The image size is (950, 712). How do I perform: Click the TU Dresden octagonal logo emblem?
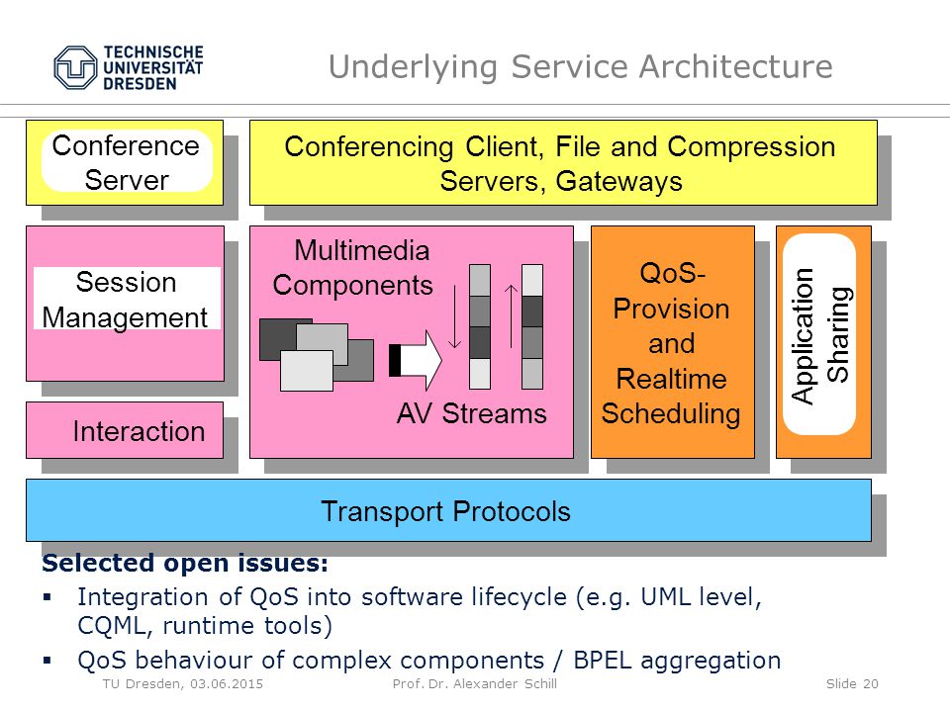[75, 68]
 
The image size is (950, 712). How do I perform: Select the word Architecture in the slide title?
[736, 66]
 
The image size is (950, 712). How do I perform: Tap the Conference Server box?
[125, 162]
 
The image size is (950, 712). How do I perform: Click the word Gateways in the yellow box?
[618, 181]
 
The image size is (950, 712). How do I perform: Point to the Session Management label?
[126, 300]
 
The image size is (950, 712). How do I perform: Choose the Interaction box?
[125, 430]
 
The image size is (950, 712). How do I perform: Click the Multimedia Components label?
[353, 268]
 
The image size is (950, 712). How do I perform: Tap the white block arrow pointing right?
[416, 360]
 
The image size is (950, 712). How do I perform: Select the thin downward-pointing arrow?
[454, 317]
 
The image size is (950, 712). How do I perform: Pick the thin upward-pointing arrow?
[512, 316]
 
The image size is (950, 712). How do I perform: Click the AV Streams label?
[471, 413]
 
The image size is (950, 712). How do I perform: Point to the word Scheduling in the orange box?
[671, 414]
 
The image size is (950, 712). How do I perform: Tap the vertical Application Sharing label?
[821, 335]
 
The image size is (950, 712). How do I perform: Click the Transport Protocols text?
[445, 511]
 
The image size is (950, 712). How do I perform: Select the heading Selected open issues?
[185, 563]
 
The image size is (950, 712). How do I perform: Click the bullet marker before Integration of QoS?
[47, 597]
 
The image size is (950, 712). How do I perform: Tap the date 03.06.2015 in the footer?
[227, 684]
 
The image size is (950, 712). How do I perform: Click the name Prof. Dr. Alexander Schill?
[474, 684]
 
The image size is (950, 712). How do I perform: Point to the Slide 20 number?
[852, 684]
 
